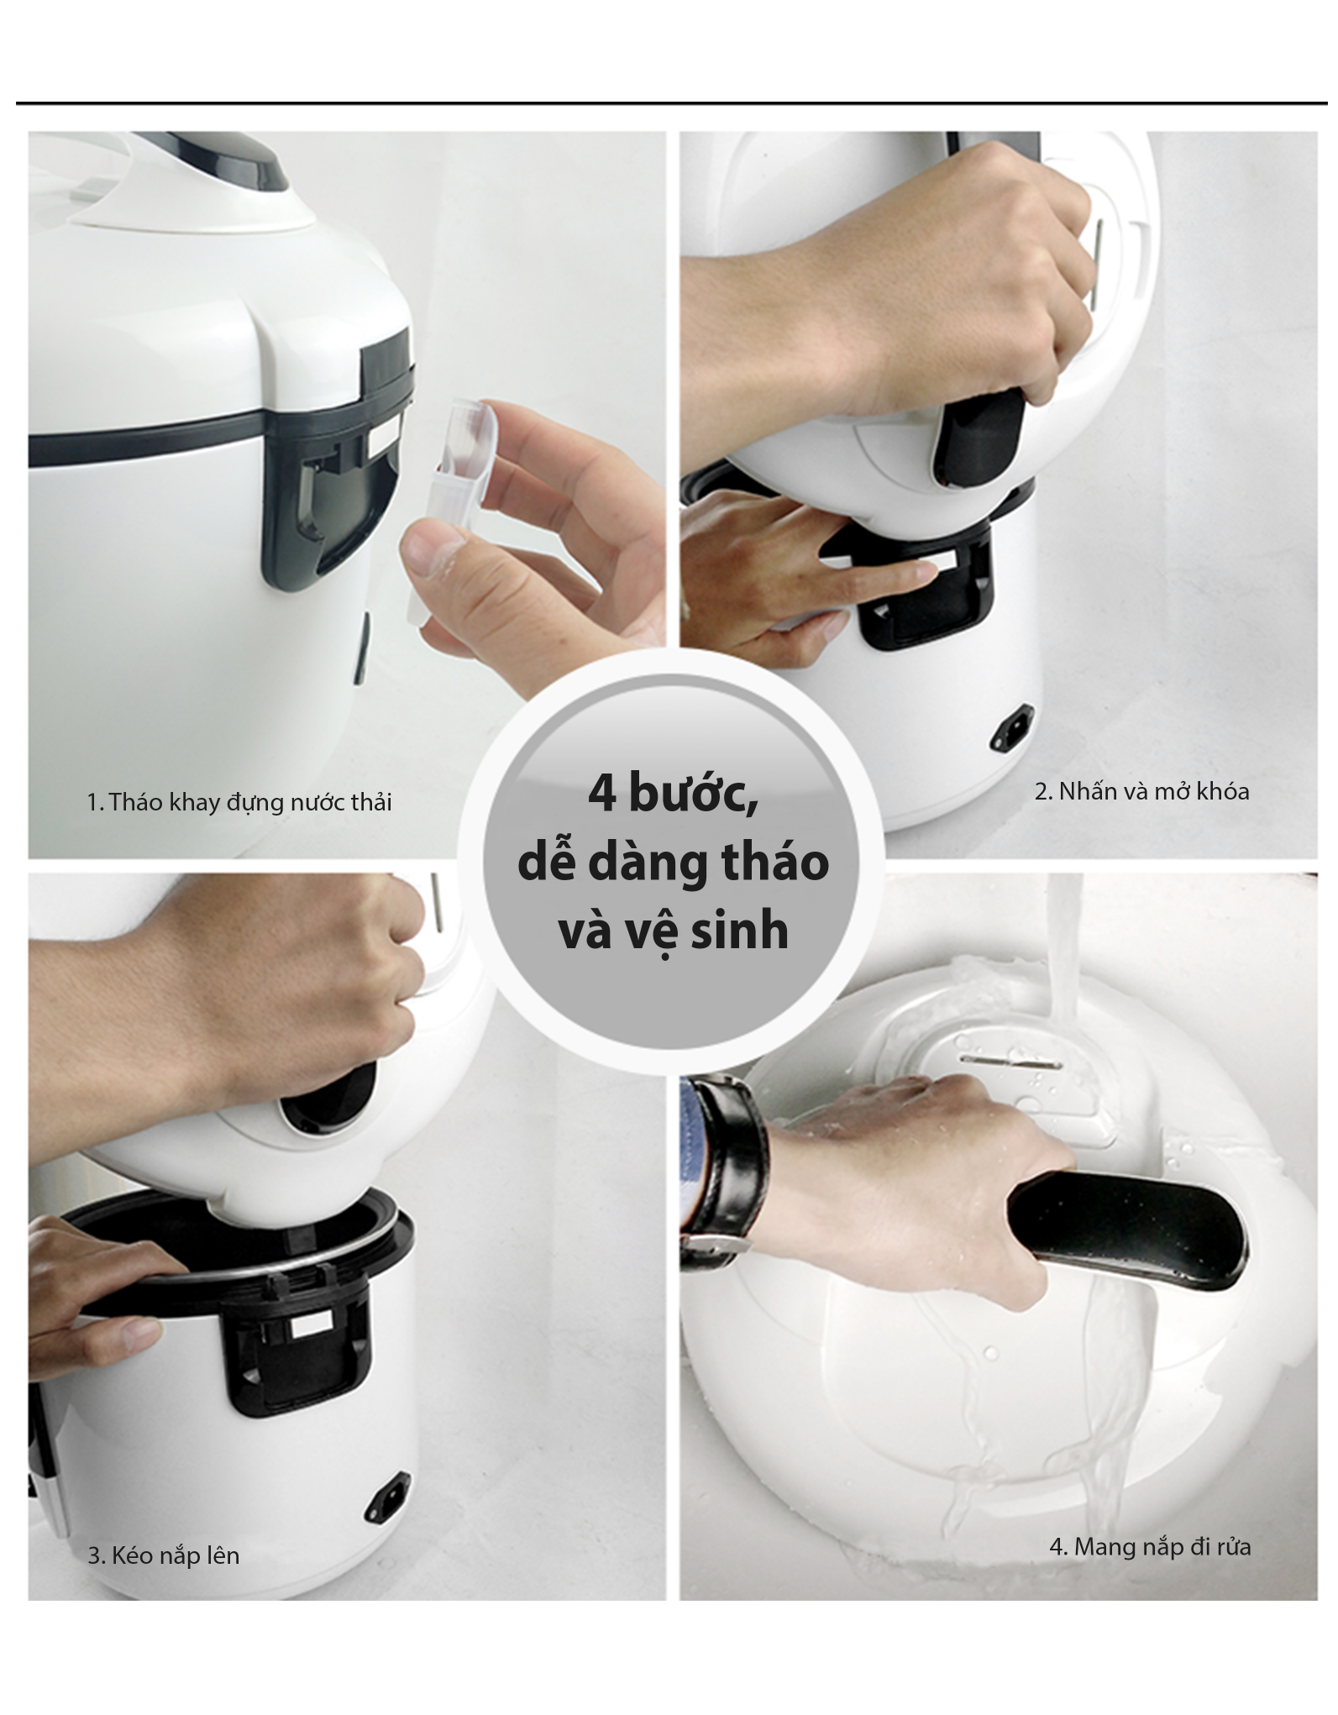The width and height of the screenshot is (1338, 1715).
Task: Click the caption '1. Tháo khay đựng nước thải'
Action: tap(239, 802)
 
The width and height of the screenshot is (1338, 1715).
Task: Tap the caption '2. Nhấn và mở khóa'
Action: tap(1141, 791)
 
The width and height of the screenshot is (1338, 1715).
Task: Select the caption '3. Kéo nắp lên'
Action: tap(164, 1555)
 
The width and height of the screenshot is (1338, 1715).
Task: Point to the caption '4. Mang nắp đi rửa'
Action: tap(1150, 1546)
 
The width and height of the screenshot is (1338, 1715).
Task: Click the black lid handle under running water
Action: tap(1126, 1230)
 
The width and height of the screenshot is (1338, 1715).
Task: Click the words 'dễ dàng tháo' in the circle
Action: tap(673, 863)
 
